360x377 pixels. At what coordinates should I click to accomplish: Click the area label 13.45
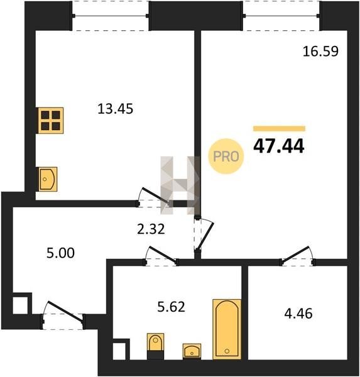click(x=115, y=109)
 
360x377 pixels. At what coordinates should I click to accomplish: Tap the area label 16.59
click(x=320, y=52)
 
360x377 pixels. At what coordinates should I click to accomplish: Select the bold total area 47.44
click(x=279, y=146)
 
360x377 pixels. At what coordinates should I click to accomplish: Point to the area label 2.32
click(x=151, y=229)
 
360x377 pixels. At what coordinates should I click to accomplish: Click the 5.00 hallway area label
click(x=60, y=253)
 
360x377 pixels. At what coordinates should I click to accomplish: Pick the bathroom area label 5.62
click(x=172, y=307)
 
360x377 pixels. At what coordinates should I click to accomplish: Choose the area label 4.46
click(x=298, y=314)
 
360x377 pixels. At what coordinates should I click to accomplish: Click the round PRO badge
click(x=226, y=156)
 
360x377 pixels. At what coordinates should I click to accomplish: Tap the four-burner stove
click(x=50, y=121)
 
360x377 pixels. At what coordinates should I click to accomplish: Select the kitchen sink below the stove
click(x=48, y=179)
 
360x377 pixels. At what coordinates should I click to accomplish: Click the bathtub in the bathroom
click(x=227, y=329)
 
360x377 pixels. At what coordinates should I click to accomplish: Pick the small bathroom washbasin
click(x=192, y=351)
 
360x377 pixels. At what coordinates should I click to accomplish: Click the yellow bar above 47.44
click(x=279, y=129)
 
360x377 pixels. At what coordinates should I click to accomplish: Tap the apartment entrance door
click(x=63, y=315)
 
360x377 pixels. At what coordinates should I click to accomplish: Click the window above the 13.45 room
click(x=111, y=16)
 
